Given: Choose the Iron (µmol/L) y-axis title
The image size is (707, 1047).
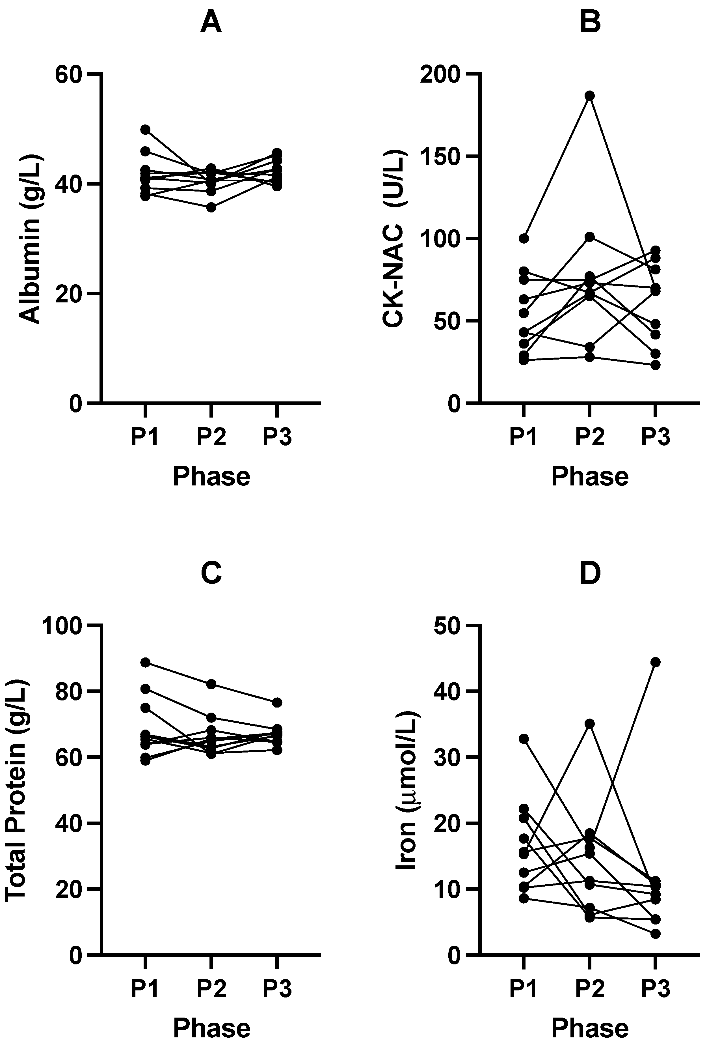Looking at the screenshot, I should click(x=408, y=790).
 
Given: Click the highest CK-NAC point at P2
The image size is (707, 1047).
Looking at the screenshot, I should click(x=589, y=96).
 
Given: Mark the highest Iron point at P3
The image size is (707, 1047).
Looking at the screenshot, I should click(x=656, y=662).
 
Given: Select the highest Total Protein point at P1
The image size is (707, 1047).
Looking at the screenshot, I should click(x=145, y=662).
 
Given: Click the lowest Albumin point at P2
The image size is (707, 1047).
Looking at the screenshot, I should click(x=211, y=207).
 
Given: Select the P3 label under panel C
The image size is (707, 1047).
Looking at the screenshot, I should click(x=277, y=989).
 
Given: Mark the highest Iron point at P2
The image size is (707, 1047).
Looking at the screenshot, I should click(x=589, y=724).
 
